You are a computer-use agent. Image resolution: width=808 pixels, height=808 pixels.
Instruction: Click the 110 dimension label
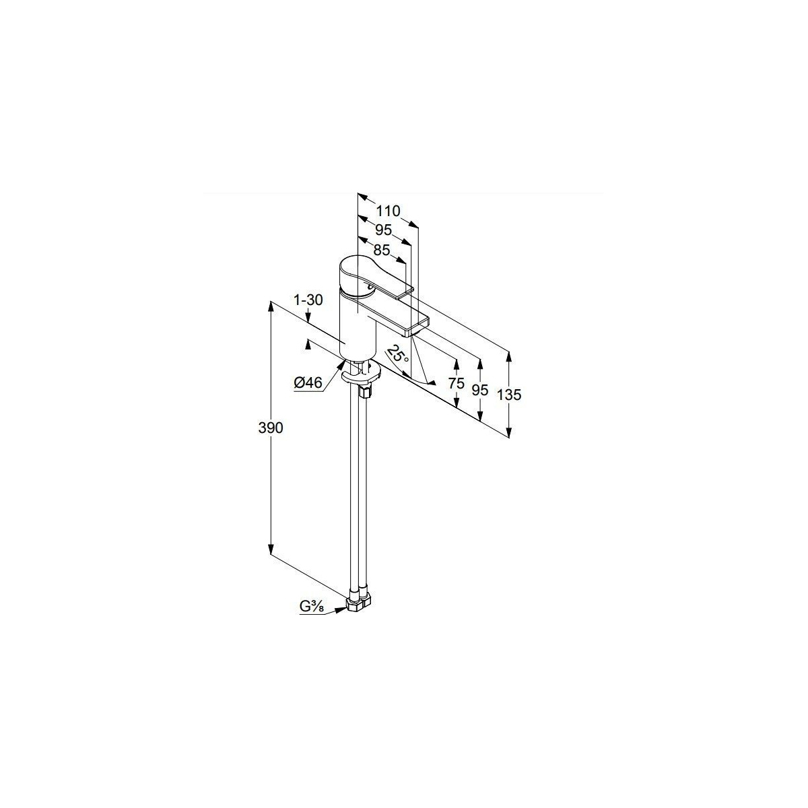[x=388, y=211]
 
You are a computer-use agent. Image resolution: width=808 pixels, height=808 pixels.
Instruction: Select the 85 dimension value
[x=382, y=250]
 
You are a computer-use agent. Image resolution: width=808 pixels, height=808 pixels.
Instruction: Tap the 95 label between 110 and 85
[x=384, y=230]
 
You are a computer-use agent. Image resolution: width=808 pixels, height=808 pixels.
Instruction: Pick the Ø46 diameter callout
[x=308, y=383]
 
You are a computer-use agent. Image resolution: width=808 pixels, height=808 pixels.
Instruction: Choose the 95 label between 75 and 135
[x=480, y=390]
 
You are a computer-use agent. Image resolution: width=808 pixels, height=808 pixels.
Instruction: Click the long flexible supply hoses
[x=358, y=492]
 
